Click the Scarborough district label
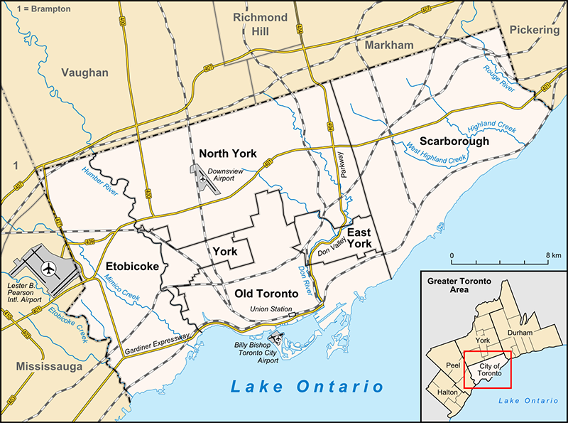click(454, 141)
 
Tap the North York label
click(228, 154)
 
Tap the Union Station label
click(270, 309)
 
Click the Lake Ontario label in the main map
click(307, 387)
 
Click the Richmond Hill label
click(261, 24)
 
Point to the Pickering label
click(533, 31)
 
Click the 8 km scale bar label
click(554, 255)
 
